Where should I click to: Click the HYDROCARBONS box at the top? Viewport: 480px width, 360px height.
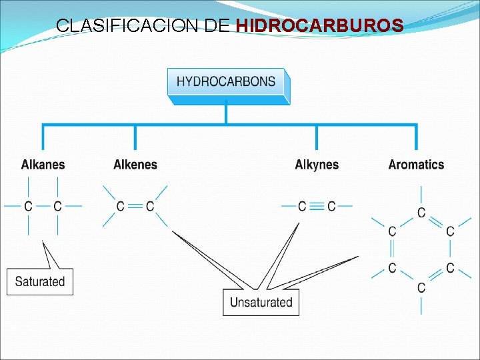[226, 83]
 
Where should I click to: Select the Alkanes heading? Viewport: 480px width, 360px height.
[43, 165]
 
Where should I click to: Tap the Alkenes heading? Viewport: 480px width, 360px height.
[135, 165]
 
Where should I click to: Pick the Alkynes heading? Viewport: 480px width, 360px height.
[317, 165]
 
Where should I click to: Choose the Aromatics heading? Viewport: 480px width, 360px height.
[416, 165]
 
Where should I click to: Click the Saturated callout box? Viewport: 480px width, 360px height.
[40, 281]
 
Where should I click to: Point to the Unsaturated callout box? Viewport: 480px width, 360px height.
[261, 302]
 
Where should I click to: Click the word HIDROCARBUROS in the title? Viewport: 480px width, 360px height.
[320, 26]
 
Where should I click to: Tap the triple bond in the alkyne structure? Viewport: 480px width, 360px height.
[317, 207]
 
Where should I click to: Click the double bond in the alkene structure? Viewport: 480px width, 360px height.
[135, 207]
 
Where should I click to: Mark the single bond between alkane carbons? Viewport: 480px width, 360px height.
[43, 207]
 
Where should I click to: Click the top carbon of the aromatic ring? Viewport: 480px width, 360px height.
[421, 213]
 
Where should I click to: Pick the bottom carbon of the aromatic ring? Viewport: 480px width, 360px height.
[421, 287]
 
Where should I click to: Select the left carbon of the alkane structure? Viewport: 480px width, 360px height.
[28, 207]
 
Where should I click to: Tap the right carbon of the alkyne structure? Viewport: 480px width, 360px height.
[331, 207]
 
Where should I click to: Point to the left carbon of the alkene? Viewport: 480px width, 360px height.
[121, 207]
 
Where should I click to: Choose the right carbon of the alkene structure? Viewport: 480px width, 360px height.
[150, 207]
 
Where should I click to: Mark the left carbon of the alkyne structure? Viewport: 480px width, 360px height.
[302, 207]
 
